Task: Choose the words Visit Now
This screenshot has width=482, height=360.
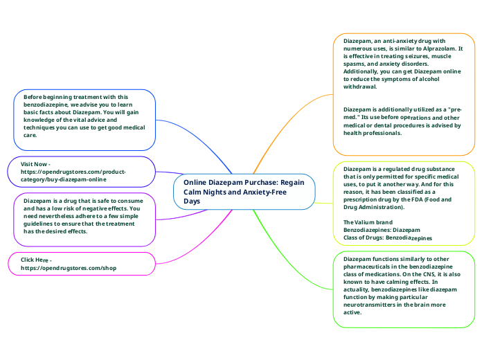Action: click(x=34, y=163)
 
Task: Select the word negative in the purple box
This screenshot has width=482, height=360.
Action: click(x=103, y=208)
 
